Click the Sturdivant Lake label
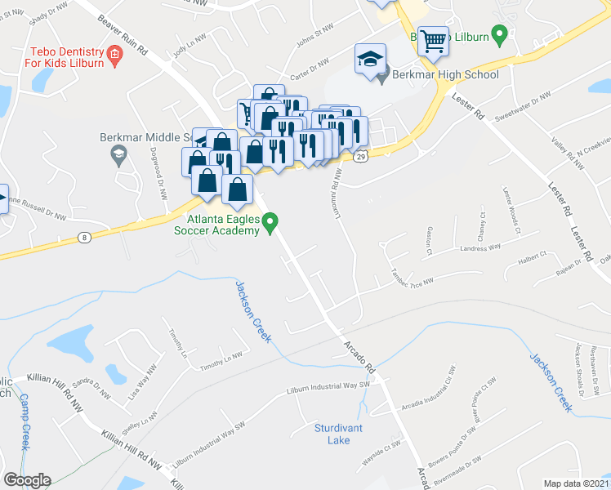click(332, 434)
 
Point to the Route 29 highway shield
click(359, 155)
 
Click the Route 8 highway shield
click(83, 238)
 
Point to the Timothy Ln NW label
click(222, 357)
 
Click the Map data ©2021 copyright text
click(575, 483)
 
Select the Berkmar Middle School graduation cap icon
click(119, 154)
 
